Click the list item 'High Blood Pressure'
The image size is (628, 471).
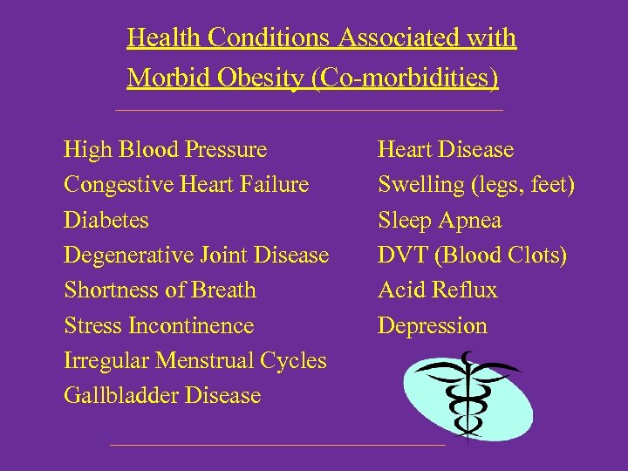pos(165,150)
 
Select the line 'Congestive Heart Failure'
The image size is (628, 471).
pos(186,185)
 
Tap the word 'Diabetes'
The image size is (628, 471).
pos(106,220)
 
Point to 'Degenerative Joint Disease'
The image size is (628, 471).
pos(196,256)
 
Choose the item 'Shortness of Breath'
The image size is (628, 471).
pos(160,290)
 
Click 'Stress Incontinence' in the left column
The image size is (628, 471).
pos(159,325)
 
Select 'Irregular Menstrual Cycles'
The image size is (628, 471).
pos(195,360)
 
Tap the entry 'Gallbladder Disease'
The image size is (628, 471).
pos(162,395)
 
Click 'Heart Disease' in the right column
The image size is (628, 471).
pos(445,150)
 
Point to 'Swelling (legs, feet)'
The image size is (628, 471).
pos(475,185)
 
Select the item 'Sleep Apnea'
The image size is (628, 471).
pos(439,220)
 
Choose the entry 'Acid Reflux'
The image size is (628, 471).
pos(437,290)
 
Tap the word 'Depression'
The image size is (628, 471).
pos(432,326)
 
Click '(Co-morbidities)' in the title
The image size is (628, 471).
pos(405,78)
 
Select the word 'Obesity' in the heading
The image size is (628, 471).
pos(259,78)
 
